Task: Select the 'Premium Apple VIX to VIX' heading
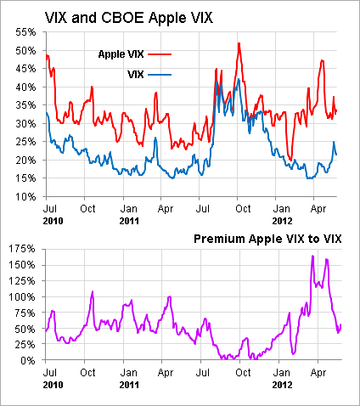(x=267, y=239)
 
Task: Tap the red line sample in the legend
(x=160, y=54)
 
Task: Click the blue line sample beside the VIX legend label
(x=160, y=75)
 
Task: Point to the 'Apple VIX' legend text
(x=121, y=54)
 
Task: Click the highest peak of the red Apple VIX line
(x=239, y=43)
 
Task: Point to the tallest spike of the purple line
(x=312, y=256)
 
